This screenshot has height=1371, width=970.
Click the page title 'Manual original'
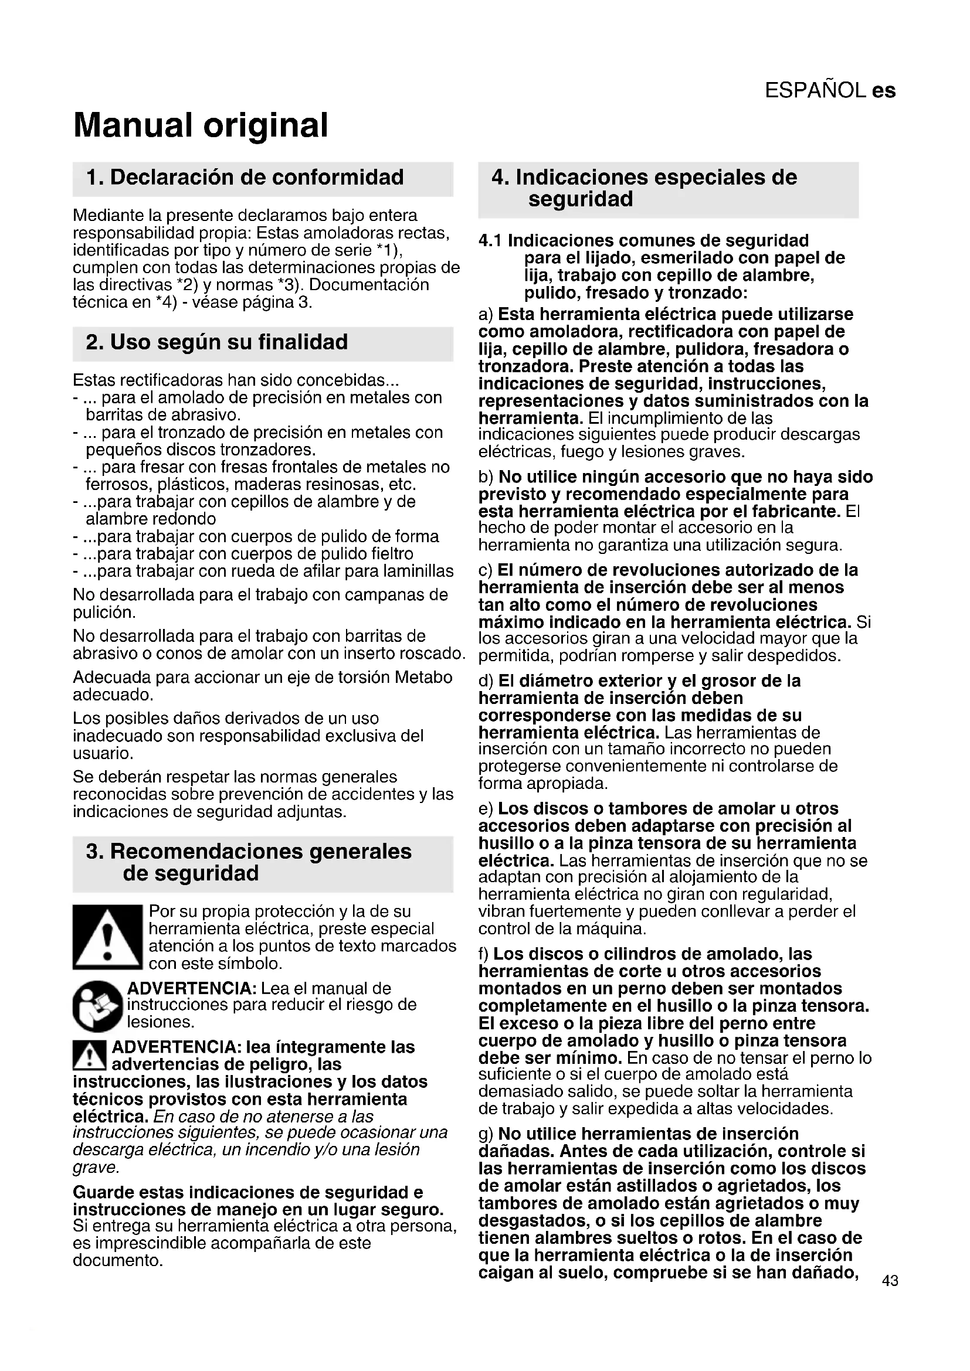201,125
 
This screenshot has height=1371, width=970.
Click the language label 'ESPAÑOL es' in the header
830,90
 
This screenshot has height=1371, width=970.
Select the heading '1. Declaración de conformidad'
245,178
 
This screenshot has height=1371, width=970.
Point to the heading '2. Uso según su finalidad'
217,342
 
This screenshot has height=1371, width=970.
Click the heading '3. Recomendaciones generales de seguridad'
249,862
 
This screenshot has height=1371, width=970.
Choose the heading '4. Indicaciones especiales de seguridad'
644,188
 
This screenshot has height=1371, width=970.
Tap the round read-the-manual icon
98,1006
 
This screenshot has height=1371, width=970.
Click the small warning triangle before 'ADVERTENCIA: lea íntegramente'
90,1055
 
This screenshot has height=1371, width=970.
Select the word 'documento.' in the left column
118,1261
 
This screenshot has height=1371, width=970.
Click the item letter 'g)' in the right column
486,1134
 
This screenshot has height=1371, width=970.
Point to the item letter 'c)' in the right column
486,570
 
